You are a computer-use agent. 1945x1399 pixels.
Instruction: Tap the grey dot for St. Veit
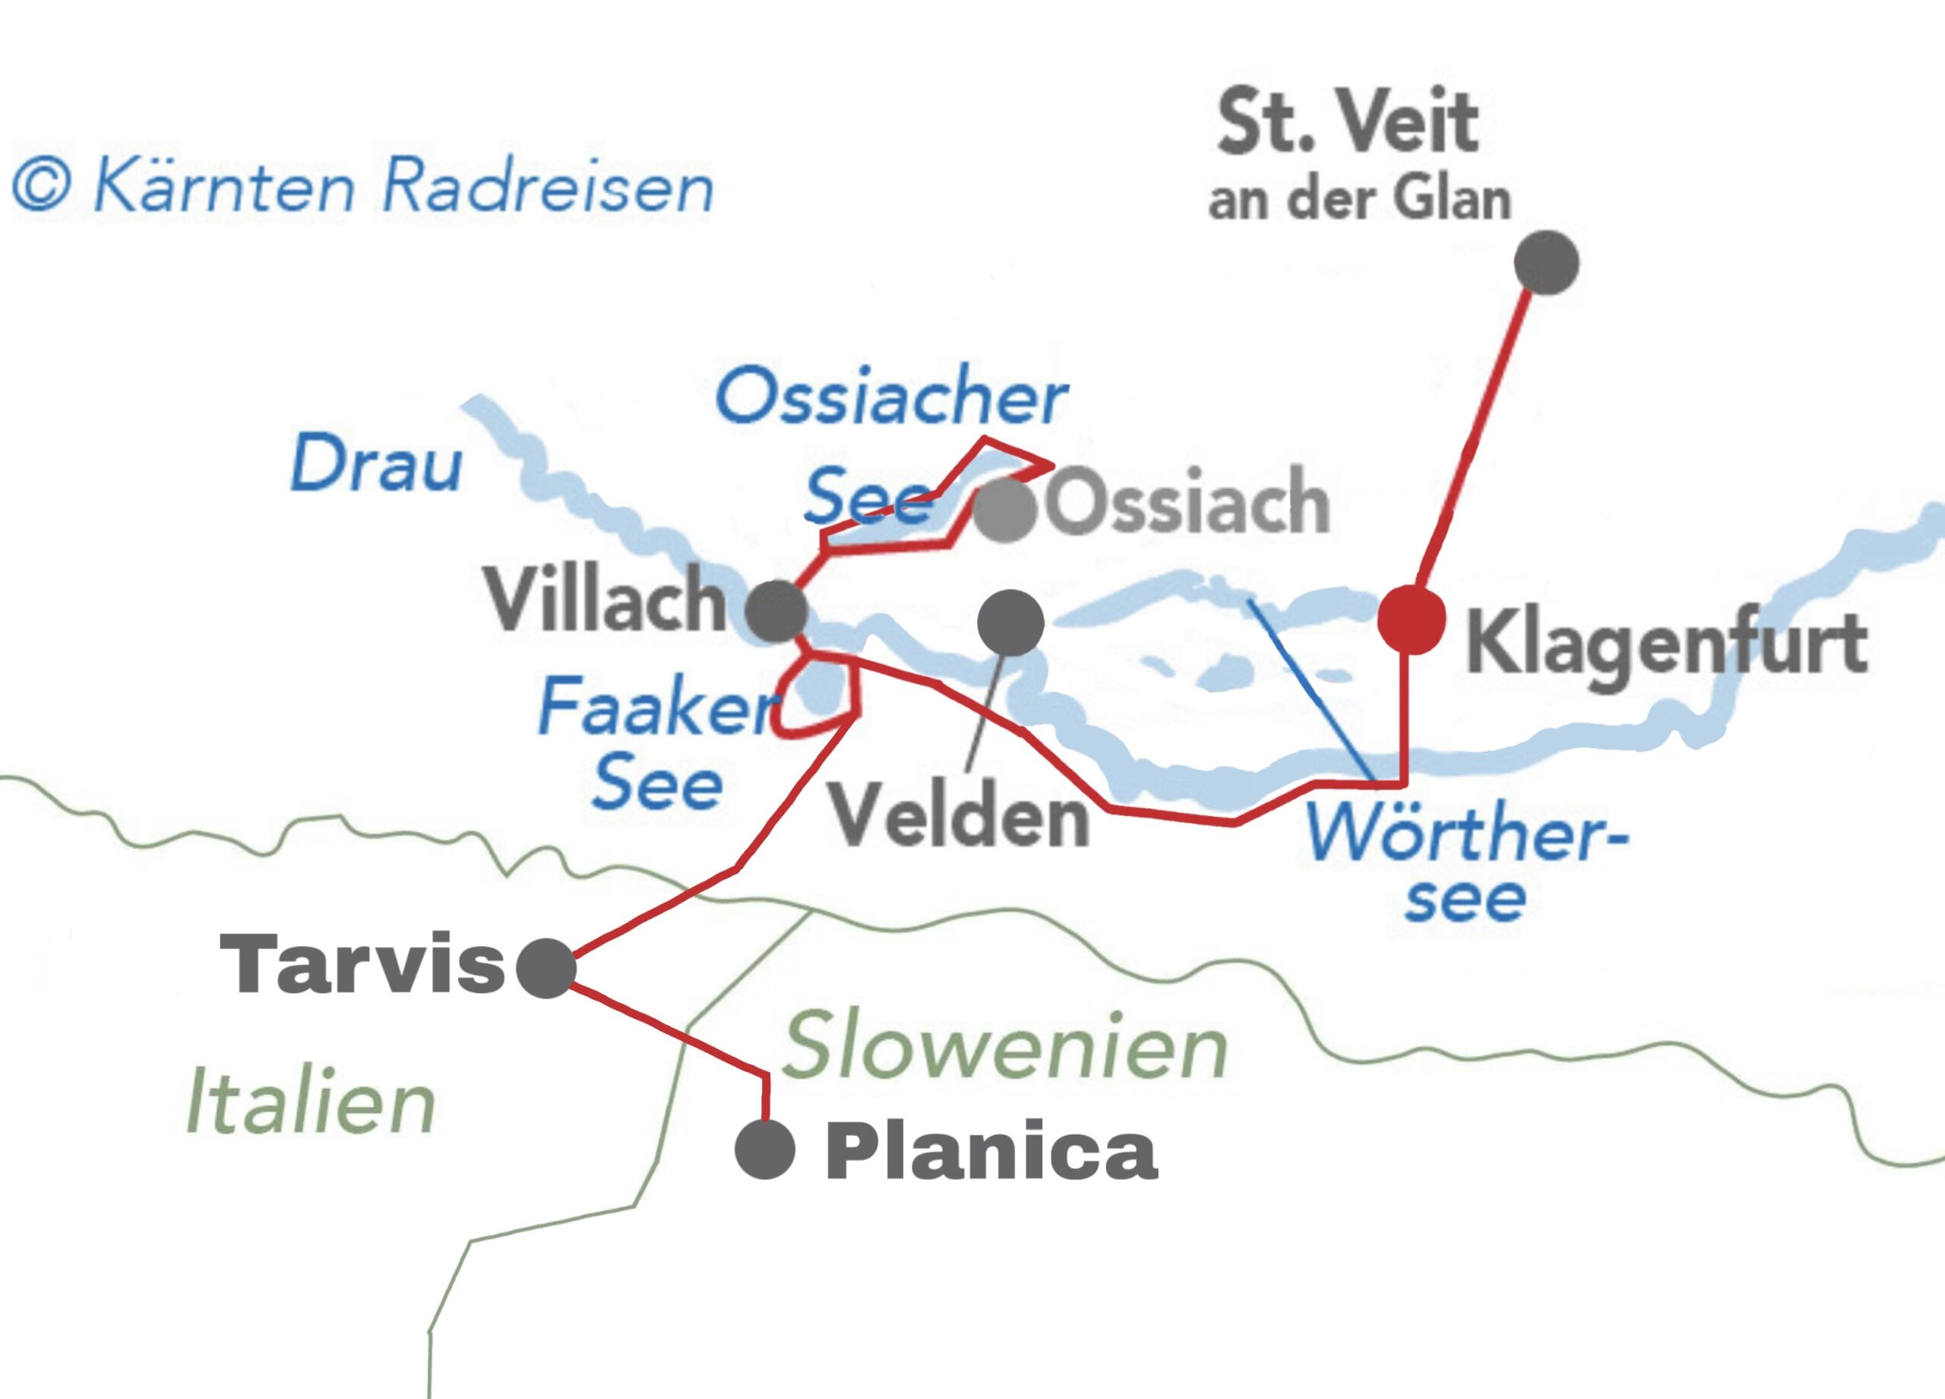pos(1546,262)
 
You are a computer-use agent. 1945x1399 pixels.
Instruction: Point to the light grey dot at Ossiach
pos(1005,509)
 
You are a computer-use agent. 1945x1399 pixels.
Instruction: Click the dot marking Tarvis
pos(546,967)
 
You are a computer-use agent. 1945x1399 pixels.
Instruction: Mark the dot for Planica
pos(765,1148)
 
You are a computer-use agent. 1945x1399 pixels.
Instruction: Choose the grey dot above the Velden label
pos(1010,622)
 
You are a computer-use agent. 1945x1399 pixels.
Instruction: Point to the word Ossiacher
pos(892,399)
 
